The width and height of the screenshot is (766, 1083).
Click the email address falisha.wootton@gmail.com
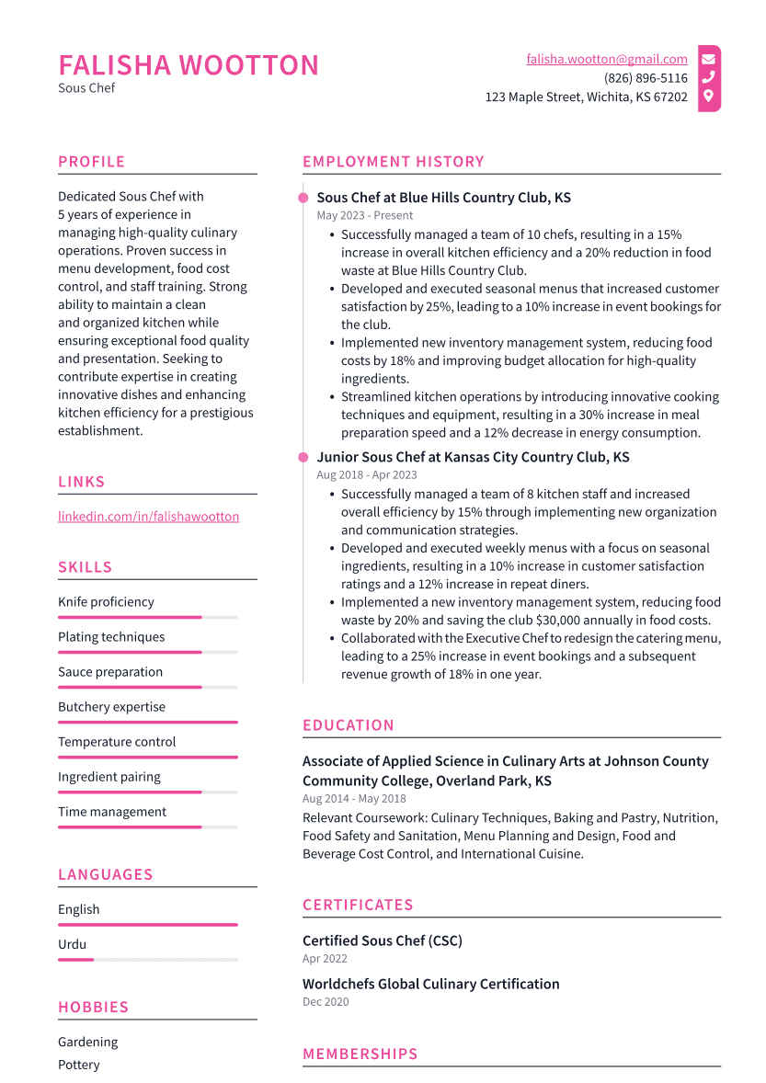607,59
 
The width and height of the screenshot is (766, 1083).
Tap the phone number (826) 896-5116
646,78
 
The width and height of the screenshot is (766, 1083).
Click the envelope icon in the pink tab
708,59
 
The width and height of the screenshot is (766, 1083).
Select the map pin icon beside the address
708,97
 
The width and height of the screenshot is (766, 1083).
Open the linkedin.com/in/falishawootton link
148,517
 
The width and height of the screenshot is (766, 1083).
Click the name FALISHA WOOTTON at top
189,65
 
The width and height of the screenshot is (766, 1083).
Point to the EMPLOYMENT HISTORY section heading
393,162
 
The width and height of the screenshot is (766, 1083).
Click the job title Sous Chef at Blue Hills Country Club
443,198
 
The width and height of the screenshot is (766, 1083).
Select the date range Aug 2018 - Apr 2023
366,475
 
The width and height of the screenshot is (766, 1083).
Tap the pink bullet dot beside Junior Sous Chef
303,457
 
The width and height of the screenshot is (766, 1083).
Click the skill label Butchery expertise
111,707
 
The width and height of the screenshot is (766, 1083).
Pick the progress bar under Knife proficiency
130,618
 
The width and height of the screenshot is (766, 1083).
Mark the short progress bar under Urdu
76,960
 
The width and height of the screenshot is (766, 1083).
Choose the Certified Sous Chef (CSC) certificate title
382,941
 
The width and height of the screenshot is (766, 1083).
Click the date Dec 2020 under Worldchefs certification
326,1002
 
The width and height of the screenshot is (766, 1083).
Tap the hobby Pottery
78,1065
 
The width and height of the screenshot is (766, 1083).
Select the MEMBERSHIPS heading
360,1054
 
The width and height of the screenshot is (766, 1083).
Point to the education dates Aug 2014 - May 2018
354,799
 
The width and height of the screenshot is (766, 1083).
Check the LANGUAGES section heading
105,875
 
